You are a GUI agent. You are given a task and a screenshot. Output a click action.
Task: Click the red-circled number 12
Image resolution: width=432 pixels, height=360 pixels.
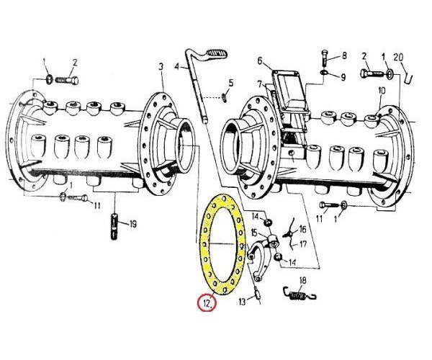[x=207, y=303]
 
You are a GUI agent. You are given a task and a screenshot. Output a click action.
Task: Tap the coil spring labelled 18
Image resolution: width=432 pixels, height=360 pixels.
[x=300, y=295]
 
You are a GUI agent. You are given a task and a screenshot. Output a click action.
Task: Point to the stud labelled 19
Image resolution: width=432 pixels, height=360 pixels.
[x=114, y=227]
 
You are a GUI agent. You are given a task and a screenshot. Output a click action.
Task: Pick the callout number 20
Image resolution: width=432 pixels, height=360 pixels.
[x=398, y=58]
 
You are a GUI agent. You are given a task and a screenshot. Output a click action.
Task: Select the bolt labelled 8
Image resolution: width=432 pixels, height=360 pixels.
[x=325, y=58]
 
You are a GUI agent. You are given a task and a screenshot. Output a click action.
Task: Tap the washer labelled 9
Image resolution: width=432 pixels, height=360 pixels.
[x=324, y=73]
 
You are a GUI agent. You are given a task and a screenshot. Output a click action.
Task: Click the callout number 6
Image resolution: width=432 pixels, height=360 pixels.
[x=260, y=60]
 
